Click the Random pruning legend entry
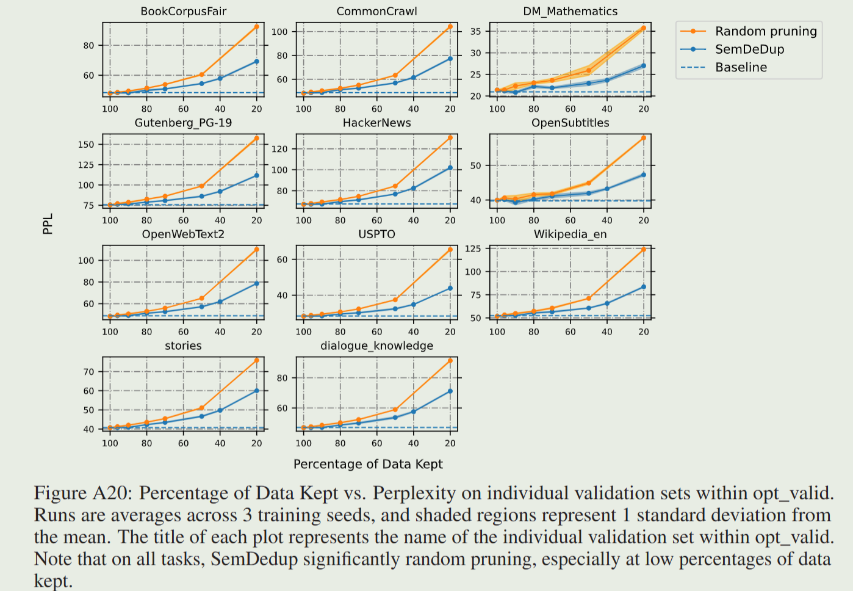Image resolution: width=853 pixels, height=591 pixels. (x=765, y=31)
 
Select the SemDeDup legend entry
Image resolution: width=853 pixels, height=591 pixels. (x=749, y=49)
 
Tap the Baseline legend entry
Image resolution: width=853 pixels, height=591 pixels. (x=741, y=67)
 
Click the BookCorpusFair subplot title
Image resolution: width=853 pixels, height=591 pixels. (x=183, y=12)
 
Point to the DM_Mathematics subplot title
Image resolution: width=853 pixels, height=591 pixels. (x=570, y=12)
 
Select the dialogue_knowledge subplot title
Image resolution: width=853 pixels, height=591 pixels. (x=376, y=346)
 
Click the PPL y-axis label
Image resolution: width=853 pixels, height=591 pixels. (x=48, y=223)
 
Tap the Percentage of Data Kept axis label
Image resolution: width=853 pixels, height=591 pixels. (x=368, y=464)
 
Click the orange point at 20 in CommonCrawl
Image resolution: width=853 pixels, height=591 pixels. (x=450, y=27)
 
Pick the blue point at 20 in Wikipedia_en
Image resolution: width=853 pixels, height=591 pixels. (x=644, y=287)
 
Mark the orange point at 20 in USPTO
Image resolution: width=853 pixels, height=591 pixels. (x=450, y=250)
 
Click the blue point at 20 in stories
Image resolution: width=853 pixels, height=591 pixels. (x=257, y=391)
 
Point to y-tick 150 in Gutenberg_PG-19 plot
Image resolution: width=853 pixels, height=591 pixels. (x=86, y=145)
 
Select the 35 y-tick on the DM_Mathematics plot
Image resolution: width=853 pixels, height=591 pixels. (x=476, y=31)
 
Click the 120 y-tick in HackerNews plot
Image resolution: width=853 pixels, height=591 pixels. (x=279, y=149)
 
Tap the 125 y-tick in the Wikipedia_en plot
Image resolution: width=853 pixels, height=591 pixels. (x=473, y=248)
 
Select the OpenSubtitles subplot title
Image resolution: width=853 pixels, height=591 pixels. (x=570, y=123)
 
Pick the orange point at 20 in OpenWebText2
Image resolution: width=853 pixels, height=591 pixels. (x=257, y=250)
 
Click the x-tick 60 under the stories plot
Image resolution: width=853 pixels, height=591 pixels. (x=183, y=443)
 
